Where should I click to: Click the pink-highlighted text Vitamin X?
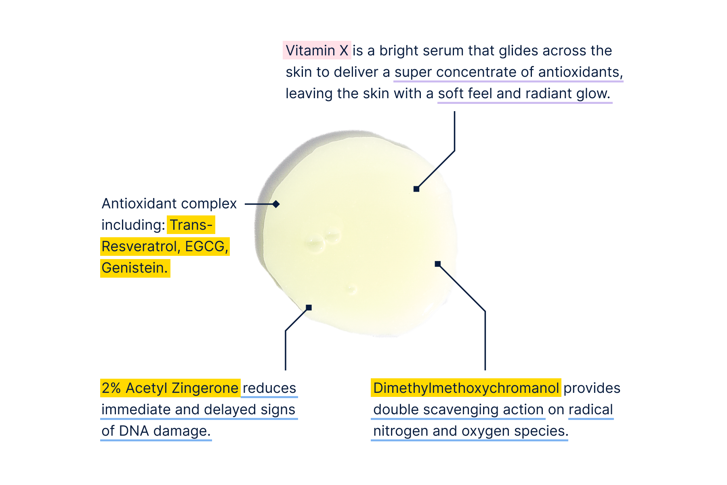(317, 51)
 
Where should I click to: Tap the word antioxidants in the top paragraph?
(580, 72)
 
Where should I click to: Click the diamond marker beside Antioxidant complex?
(276, 204)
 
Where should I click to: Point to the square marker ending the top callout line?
(416, 189)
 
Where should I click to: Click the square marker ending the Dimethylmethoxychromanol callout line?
(437, 264)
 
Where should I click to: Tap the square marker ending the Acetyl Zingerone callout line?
(309, 308)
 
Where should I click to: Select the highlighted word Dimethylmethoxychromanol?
(466, 388)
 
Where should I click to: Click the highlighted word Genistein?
(134, 268)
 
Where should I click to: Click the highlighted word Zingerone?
(205, 388)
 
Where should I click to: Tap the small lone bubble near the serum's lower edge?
(351, 289)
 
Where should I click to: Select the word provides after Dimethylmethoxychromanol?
(592, 388)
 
